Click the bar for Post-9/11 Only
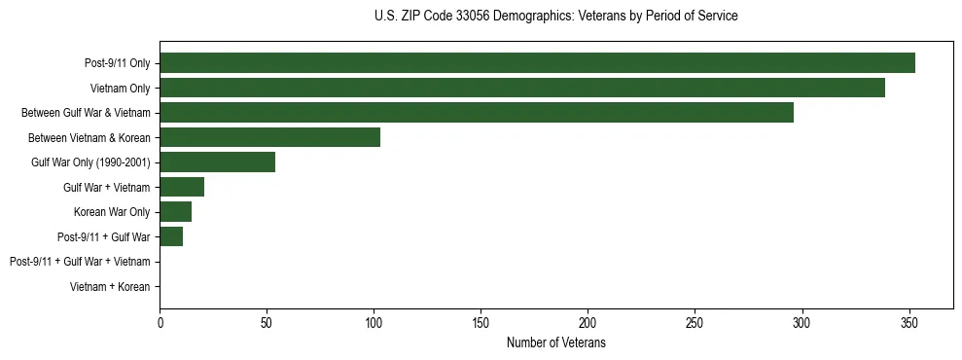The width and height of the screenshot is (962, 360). coord(537,63)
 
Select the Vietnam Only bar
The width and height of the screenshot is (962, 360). coord(522,88)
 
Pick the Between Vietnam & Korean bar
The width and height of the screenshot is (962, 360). coord(269,137)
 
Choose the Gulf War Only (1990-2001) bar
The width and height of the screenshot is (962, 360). coord(217,162)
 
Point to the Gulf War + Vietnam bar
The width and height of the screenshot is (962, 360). coord(182,187)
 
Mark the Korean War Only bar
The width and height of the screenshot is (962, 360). coord(175,212)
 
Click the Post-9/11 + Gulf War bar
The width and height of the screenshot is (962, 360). coord(171,236)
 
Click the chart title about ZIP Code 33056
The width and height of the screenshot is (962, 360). coord(555,17)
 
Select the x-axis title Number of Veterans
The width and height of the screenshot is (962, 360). coord(555,342)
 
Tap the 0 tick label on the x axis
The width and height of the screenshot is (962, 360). coord(160,323)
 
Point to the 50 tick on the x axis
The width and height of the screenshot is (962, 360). coord(267,323)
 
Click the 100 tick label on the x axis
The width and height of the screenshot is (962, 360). coord(374,323)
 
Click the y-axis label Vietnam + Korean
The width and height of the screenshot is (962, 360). coord(110,287)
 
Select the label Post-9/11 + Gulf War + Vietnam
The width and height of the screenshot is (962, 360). coord(80,262)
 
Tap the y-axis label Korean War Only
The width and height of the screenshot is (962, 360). coord(112,212)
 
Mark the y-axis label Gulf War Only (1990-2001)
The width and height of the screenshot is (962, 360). coord(90,162)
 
